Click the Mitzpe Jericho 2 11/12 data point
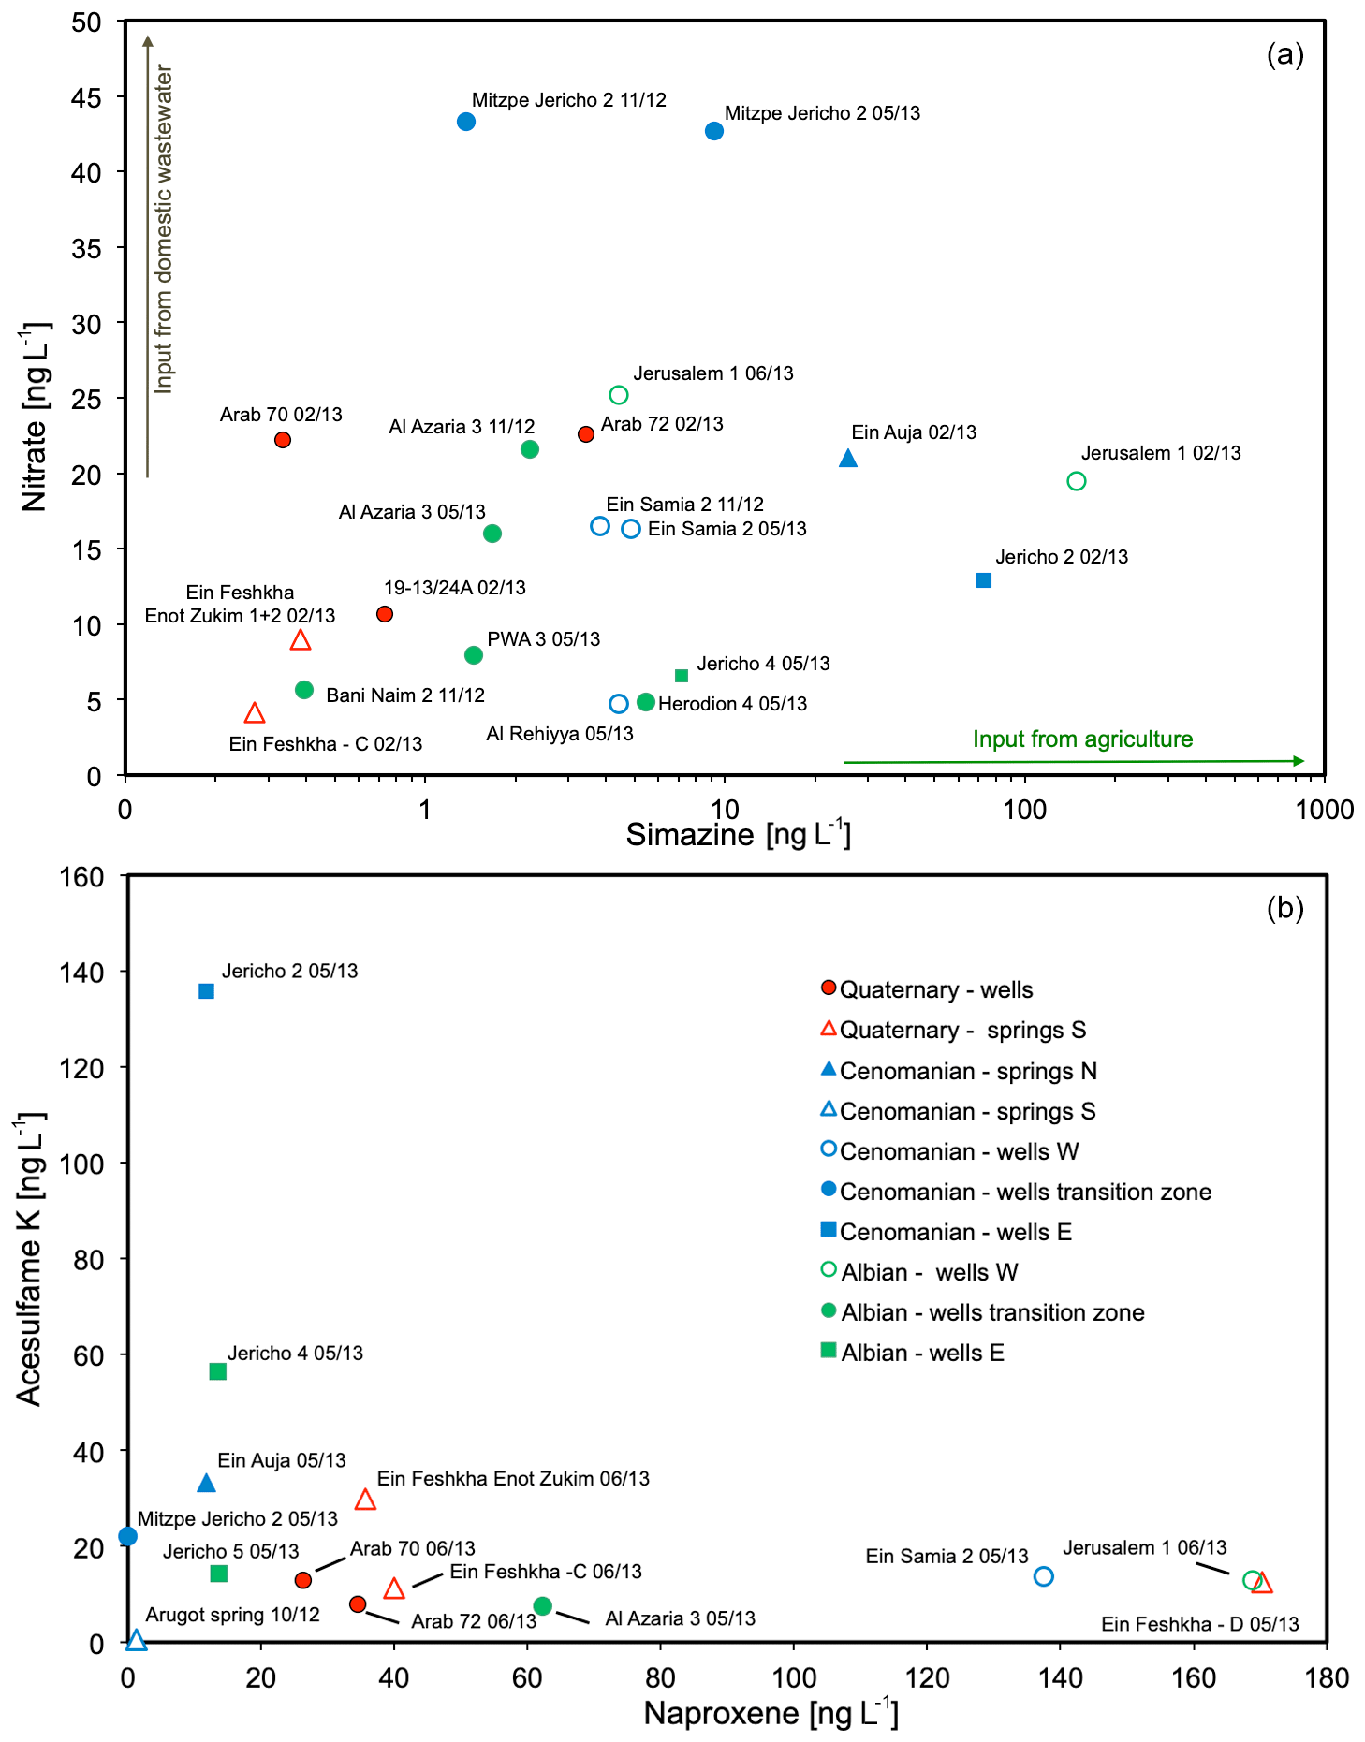point(466,122)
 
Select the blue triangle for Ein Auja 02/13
point(848,458)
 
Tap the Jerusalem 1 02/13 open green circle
point(1077,481)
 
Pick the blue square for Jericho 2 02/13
point(984,580)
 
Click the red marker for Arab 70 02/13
point(283,440)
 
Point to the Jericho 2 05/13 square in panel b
point(207,991)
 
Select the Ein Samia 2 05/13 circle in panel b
point(1044,1576)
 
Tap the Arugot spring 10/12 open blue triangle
point(137,1639)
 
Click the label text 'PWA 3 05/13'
point(544,639)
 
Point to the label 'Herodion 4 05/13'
point(732,704)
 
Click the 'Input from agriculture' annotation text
point(1082,739)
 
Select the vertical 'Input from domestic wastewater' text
point(164,229)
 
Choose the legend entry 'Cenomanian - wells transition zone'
point(1025,1192)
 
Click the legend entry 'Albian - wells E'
point(922,1353)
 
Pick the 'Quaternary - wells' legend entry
point(935,990)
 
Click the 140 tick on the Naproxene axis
point(1061,1677)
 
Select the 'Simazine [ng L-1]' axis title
point(739,834)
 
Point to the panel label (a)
point(1284,54)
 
